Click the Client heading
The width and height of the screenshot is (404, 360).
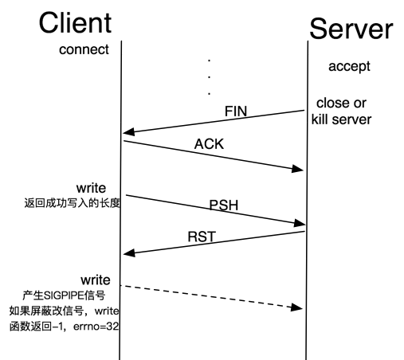(75, 23)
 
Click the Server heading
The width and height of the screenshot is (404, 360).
(351, 29)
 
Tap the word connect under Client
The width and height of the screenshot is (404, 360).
(84, 49)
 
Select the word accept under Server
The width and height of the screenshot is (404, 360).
(349, 66)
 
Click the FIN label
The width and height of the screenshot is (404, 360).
(236, 112)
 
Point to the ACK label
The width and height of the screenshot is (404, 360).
(210, 144)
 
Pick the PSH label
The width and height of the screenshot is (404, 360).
(224, 205)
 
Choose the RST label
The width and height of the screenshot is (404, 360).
(202, 237)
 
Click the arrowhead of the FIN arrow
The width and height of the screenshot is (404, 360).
(128, 132)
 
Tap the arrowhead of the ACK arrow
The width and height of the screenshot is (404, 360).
(297, 169)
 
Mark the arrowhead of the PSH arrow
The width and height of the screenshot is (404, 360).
(300, 224)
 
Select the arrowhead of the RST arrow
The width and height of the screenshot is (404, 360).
(129, 253)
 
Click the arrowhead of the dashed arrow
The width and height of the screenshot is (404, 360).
(296, 307)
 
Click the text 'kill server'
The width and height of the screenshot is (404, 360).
(341, 119)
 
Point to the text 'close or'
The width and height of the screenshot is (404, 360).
(341, 103)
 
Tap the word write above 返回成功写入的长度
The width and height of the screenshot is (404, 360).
(91, 188)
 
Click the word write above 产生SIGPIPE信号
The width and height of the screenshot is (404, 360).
(96, 280)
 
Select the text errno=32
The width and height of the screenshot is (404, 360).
(96, 327)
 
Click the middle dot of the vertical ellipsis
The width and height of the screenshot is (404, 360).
(210, 77)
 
